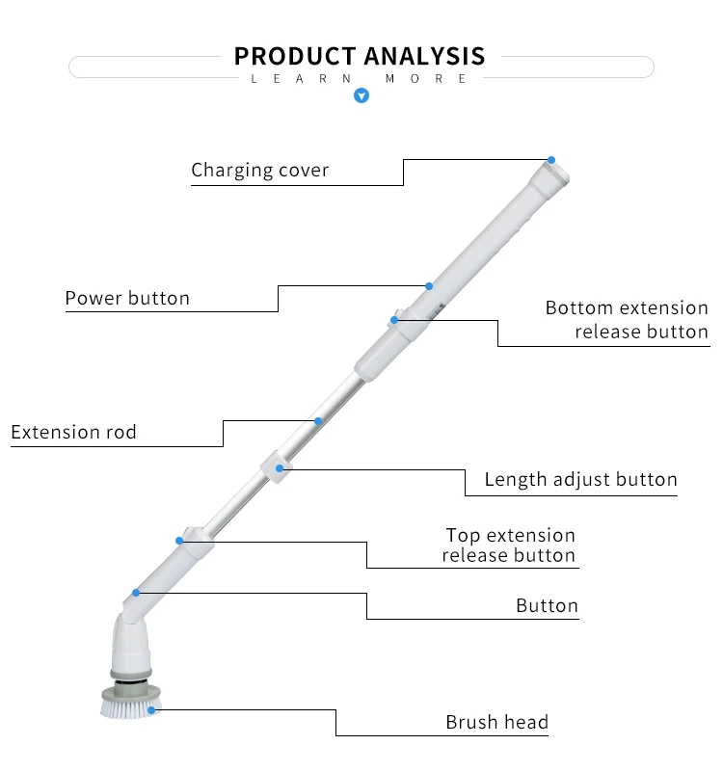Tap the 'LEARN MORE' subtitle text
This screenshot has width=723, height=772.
(360, 79)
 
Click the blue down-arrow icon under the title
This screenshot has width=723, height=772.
(361, 95)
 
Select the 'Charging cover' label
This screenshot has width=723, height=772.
(260, 171)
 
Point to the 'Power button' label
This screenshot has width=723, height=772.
(127, 298)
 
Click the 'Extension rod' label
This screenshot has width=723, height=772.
(73, 432)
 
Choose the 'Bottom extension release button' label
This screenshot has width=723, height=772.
(627, 320)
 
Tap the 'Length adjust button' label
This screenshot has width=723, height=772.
(580, 479)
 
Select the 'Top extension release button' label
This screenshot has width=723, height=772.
(510, 546)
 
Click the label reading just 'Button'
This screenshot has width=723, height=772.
(547, 606)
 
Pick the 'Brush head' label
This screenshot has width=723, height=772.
(496, 722)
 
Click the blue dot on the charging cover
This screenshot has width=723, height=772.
(551, 159)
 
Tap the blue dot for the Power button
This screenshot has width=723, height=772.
(429, 286)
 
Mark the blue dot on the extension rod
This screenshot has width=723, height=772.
(318, 421)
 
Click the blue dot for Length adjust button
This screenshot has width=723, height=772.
(280, 468)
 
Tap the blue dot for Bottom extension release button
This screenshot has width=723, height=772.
(394, 320)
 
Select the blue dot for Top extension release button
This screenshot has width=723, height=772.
(179, 541)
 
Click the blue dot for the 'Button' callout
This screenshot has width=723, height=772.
(136, 593)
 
